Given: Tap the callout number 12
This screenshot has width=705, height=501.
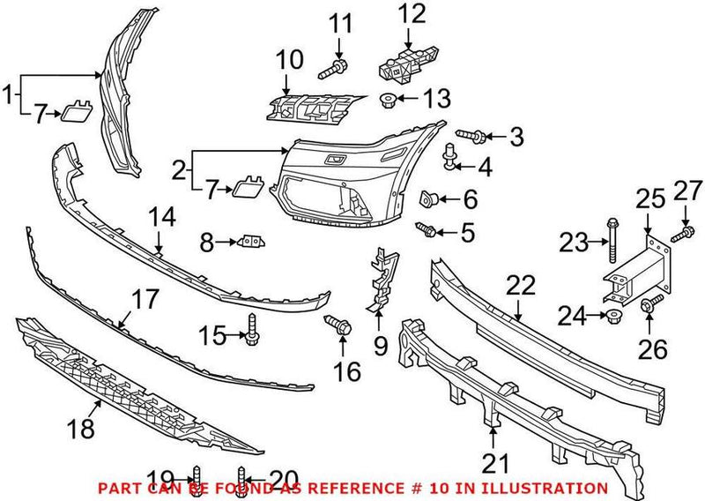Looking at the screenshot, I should click(x=412, y=14).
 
